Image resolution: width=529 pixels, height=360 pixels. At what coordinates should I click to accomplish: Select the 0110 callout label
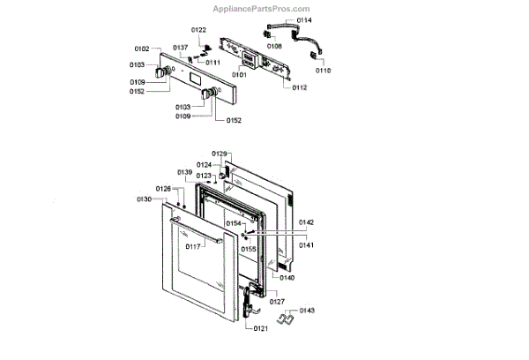point(324,69)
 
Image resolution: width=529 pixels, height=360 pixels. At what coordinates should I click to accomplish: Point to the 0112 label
point(300,87)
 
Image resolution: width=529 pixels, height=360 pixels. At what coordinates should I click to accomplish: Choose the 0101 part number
point(240,74)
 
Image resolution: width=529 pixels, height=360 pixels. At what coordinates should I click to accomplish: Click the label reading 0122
point(198,30)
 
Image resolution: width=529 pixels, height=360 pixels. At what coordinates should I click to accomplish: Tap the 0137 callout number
point(181,47)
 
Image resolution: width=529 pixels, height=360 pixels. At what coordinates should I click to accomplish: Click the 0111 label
point(212,63)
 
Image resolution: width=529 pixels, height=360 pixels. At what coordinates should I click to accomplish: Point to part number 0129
point(220,154)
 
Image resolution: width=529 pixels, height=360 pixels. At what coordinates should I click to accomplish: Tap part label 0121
point(260,329)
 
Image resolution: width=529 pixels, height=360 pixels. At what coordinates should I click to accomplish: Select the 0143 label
point(308,311)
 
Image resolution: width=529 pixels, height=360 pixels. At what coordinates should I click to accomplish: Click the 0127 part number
point(277,302)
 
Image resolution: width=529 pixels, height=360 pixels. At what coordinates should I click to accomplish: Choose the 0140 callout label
point(287,278)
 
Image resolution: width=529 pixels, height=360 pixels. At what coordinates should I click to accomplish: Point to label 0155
point(250,249)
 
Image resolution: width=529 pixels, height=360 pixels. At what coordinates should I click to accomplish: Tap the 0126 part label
point(164,189)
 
